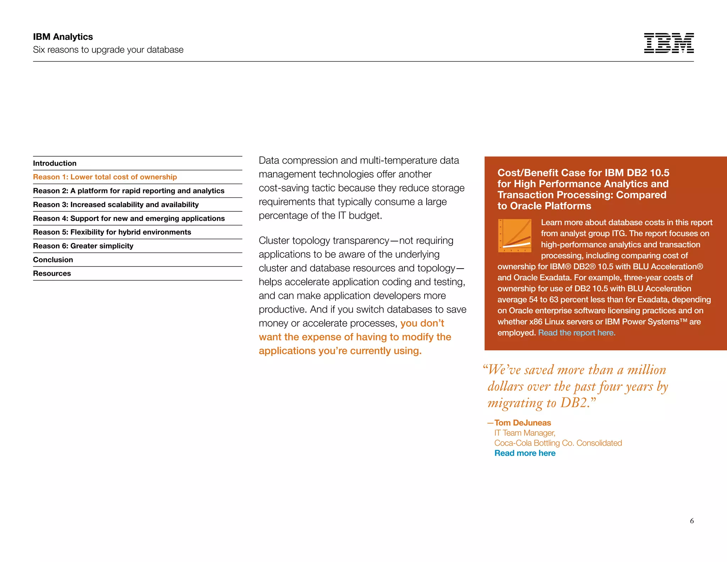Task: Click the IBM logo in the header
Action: point(669,43)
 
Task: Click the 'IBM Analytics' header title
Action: point(63,37)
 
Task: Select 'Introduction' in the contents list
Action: point(55,163)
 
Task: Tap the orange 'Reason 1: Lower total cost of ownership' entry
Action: point(105,177)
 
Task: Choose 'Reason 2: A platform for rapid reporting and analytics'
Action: point(129,191)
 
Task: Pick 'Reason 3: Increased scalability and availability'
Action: point(116,205)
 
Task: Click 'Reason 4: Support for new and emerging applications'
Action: point(129,218)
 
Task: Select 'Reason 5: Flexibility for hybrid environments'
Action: point(112,232)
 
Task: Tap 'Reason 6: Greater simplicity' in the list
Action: point(83,246)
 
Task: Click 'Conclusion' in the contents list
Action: point(53,260)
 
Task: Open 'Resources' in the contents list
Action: point(52,274)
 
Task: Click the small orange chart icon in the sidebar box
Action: point(515,236)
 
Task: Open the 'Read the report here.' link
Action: point(576,333)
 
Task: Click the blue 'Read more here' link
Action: point(525,453)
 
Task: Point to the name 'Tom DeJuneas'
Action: point(523,423)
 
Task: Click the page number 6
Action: point(692,521)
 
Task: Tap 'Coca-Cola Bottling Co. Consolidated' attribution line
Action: point(558,443)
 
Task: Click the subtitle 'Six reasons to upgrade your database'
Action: point(108,50)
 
